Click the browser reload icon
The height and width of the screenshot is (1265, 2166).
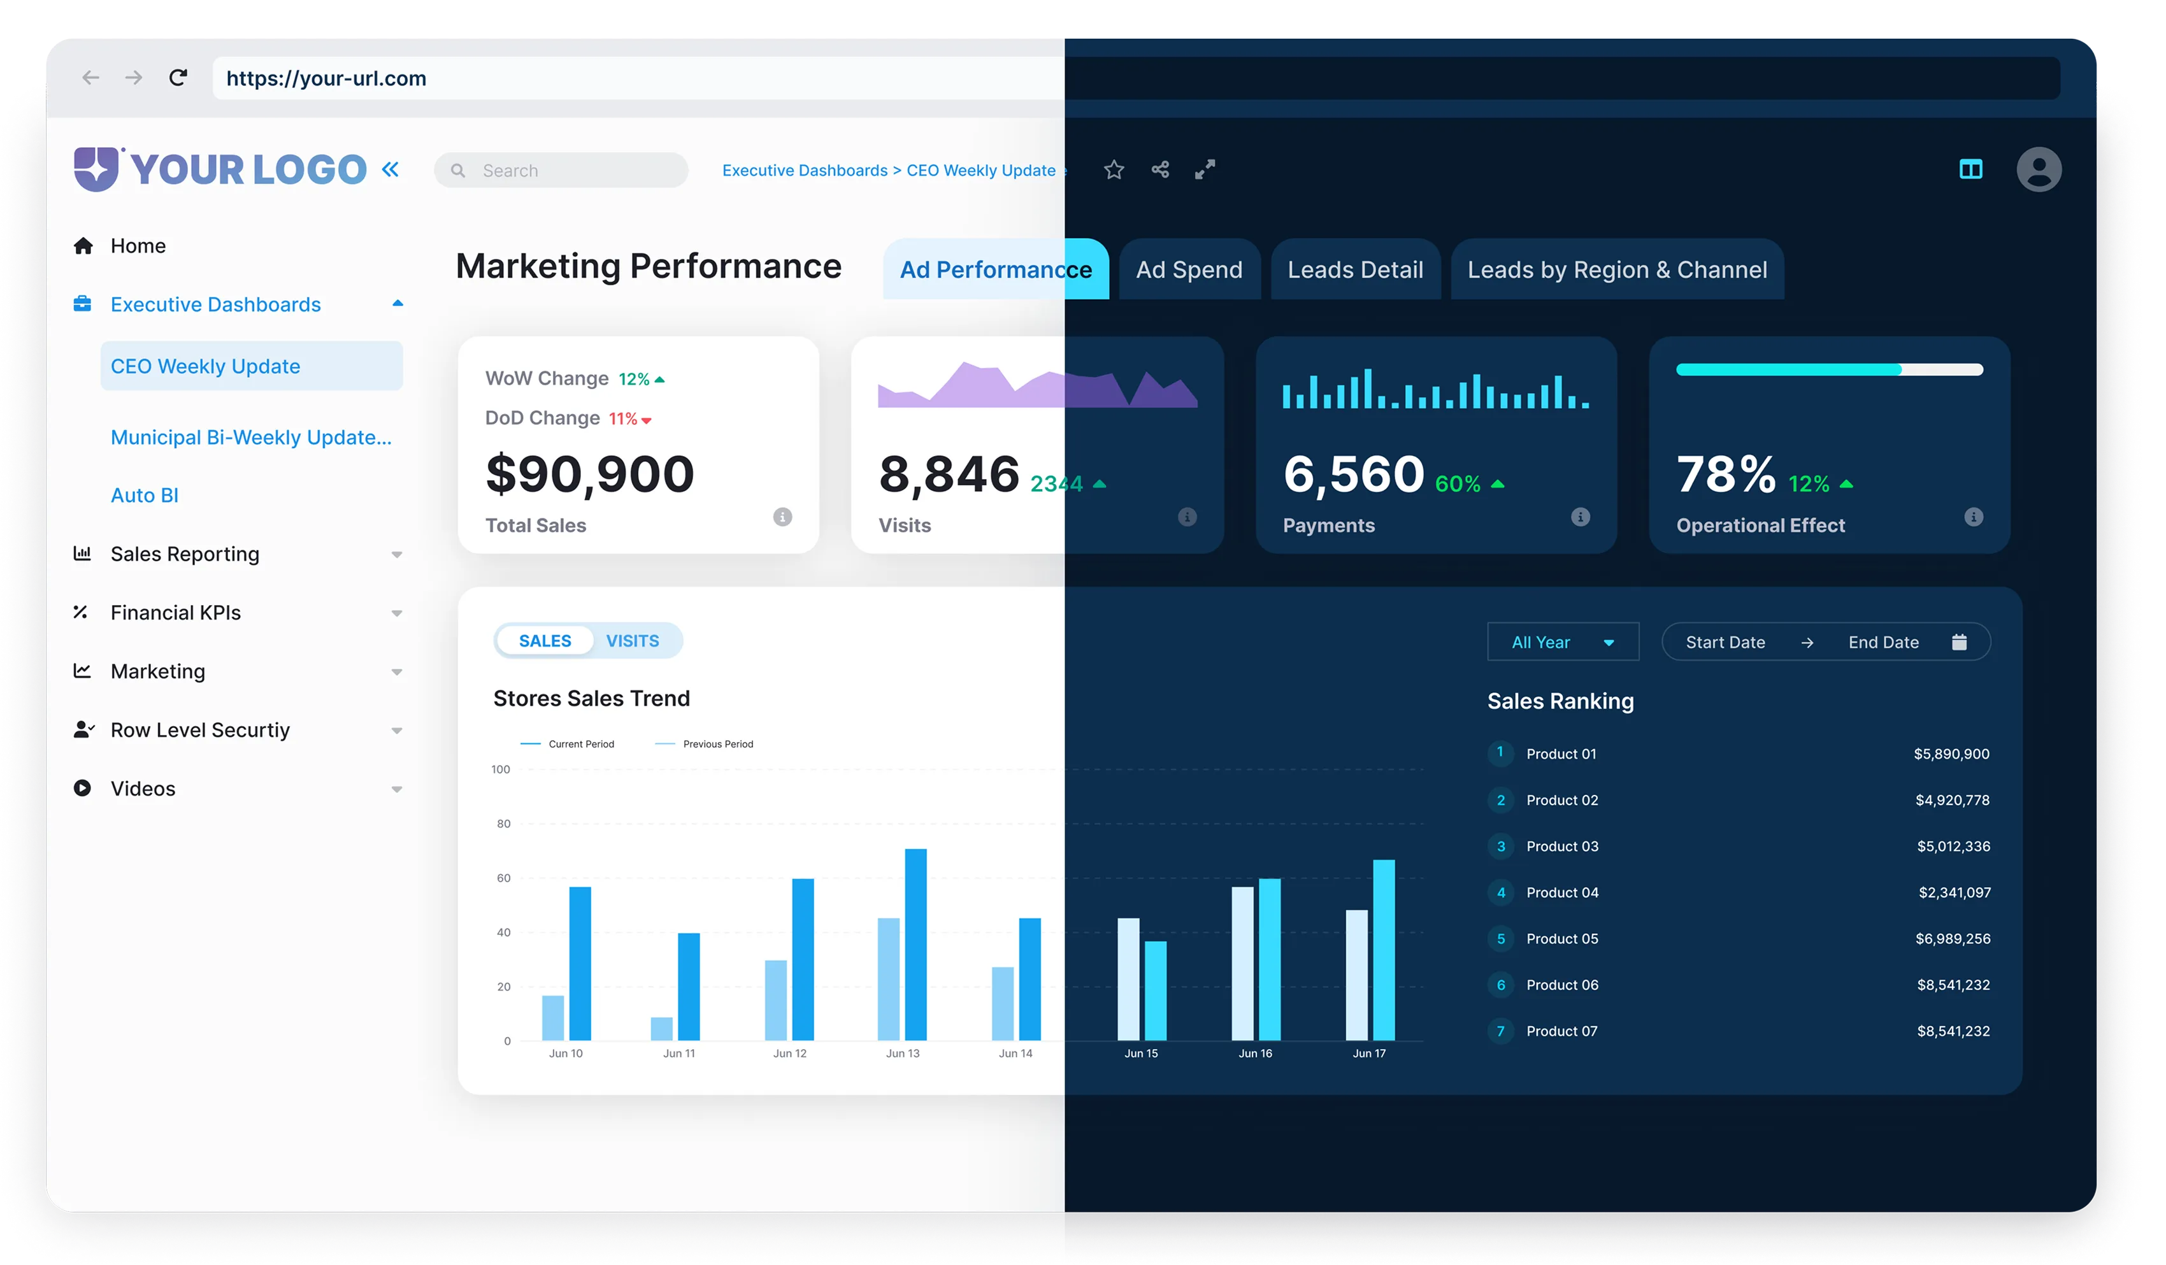click(178, 78)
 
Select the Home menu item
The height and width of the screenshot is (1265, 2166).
click(138, 246)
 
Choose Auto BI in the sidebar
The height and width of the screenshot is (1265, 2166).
click(145, 495)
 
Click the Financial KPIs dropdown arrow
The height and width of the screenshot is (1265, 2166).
click(396, 613)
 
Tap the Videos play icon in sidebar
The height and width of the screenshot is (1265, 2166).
click(83, 788)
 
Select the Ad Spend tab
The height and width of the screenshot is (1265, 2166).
click(1189, 270)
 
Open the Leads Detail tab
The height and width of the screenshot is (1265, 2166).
click(1354, 270)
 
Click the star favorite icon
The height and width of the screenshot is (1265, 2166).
click(1114, 170)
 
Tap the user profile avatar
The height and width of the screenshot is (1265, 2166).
click(2038, 169)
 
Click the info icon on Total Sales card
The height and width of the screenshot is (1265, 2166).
click(782, 517)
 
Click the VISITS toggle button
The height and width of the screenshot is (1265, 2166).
click(632, 641)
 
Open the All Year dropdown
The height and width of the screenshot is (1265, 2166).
click(1562, 642)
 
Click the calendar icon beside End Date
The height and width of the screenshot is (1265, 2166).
click(1959, 642)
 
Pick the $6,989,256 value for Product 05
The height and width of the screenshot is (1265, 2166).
click(1952, 938)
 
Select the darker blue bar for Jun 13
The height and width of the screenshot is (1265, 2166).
click(915, 945)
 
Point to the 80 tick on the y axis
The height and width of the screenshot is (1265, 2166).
click(504, 824)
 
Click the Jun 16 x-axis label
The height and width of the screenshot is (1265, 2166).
click(1255, 1054)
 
